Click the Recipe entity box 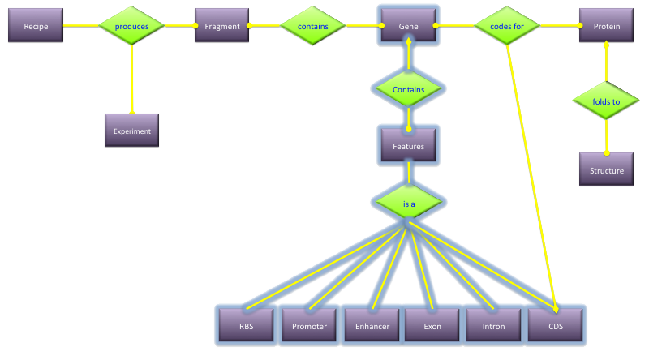pos(36,26)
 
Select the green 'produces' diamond pos(131,26)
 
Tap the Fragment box pos(221,26)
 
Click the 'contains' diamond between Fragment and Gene pos(313,26)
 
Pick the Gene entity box pos(408,26)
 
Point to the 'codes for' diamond pos(507,26)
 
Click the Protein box pos(607,26)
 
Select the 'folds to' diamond pos(606,102)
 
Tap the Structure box pos(607,169)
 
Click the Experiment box pos(131,130)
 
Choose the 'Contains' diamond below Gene pos(408,88)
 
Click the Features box pos(408,146)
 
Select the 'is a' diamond pos(408,203)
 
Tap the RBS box pos(246,325)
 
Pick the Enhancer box pos(372,325)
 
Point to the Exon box pos(432,325)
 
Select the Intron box pos(494,325)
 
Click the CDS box pos(556,325)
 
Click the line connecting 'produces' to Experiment pos(131,81)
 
